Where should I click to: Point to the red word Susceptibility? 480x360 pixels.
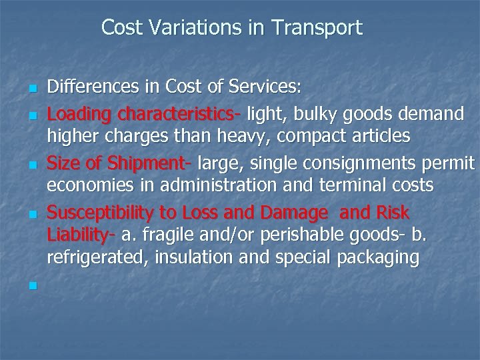[102, 213]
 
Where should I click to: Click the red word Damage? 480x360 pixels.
[297, 213]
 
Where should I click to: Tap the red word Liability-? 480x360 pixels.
[81, 235]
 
